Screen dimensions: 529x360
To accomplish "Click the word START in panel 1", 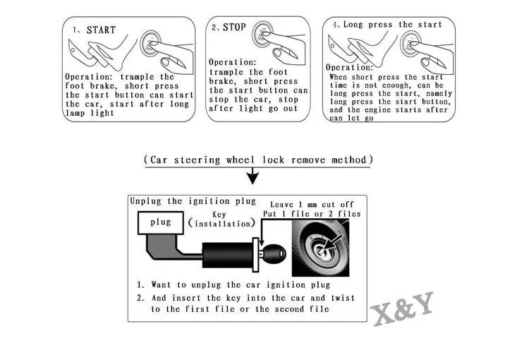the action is [101, 30].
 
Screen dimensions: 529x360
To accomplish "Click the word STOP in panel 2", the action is [235, 28].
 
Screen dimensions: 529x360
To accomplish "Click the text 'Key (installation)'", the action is [220, 219].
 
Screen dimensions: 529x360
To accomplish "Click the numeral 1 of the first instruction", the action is [141, 284].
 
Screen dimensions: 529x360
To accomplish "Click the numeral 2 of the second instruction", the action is [141, 297].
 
